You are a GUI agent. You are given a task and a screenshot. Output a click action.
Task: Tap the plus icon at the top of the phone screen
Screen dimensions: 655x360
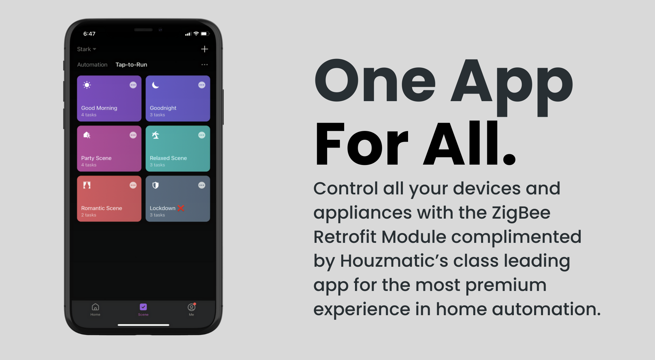click(204, 49)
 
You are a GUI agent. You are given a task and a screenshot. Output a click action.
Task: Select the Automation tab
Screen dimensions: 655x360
click(92, 65)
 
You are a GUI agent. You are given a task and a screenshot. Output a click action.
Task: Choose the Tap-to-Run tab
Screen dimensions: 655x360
click(131, 65)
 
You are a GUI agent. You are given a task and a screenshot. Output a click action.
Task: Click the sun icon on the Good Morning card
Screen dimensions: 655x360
click(87, 85)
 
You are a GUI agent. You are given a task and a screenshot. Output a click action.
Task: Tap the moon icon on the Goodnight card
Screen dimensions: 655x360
click(155, 85)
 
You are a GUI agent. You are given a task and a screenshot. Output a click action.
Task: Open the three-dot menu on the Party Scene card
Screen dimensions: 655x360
click(133, 135)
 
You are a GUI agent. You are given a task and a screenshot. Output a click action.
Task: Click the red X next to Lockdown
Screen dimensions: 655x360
click(181, 208)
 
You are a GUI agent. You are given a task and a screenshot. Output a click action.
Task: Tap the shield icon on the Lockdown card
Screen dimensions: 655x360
click(156, 185)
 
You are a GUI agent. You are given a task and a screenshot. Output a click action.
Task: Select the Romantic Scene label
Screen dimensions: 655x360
click(102, 208)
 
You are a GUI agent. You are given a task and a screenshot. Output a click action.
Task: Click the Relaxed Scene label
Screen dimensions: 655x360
click(168, 158)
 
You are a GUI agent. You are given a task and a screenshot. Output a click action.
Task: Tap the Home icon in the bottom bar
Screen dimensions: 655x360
click(95, 307)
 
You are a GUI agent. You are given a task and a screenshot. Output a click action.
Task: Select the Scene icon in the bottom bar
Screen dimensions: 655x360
click(143, 307)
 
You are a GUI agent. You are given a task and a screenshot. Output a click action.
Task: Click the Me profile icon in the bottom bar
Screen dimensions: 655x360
click(192, 307)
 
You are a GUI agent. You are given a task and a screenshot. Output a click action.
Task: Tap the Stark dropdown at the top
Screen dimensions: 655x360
click(87, 49)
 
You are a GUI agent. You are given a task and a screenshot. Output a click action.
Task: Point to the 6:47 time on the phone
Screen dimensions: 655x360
click(89, 34)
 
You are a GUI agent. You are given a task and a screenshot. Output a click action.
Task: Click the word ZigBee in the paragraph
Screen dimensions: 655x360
click(521, 213)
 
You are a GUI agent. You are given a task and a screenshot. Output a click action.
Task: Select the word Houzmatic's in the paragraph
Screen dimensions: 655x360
click(394, 261)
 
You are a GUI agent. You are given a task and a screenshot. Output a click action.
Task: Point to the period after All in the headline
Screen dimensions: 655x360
click(509, 159)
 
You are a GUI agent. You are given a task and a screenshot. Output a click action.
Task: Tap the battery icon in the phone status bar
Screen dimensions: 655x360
click(205, 34)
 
